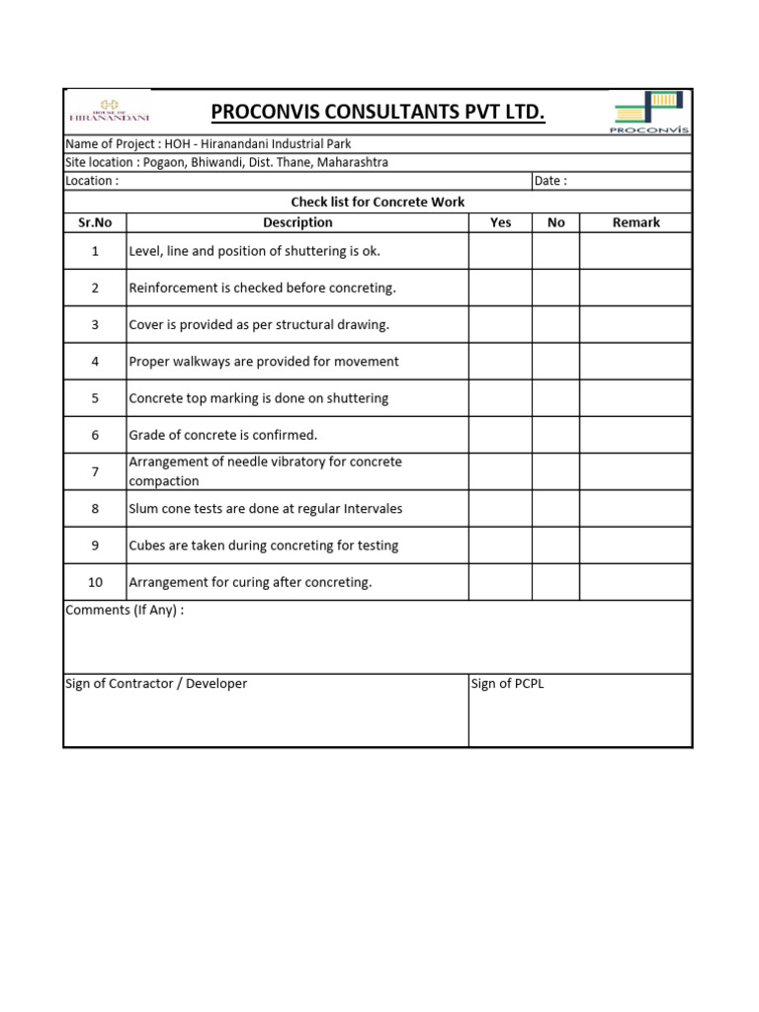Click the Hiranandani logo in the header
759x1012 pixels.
[x=109, y=111]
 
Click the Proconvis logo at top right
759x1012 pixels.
[x=650, y=112]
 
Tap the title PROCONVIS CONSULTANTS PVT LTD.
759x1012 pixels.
[x=378, y=113]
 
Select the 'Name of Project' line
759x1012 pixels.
[x=209, y=144]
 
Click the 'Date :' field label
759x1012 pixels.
[x=550, y=181]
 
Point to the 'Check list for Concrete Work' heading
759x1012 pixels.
[x=378, y=202]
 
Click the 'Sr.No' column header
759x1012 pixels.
[x=95, y=222]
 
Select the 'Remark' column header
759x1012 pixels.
[x=635, y=222]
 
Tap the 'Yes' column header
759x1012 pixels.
[x=500, y=222]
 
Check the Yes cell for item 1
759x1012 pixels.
[x=500, y=251]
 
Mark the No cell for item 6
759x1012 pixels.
[x=555, y=435]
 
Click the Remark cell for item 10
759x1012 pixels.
[x=635, y=582]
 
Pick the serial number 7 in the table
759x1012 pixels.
[x=95, y=471]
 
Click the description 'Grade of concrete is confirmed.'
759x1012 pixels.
[x=223, y=435]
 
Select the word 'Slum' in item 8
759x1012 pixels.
[x=144, y=509]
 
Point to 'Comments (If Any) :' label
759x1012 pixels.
[x=125, y=610]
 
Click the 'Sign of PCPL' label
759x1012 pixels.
[x=507, y=684]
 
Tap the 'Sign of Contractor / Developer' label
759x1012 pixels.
[x=156, y=684]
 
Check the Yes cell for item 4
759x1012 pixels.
[x=500, y=362]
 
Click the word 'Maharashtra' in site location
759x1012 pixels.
[x=352, y=162]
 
